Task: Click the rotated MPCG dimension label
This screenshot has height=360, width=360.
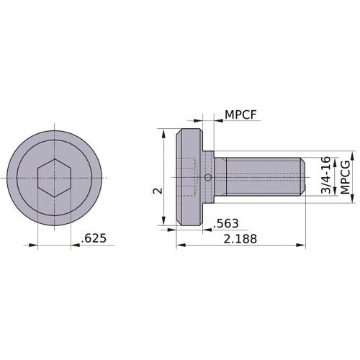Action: pos(346,177)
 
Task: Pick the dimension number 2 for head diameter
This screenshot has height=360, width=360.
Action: pos(156,190)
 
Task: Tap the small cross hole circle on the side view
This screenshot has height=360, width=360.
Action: pos(208,178)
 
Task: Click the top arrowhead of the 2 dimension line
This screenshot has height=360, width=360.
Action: pos(165,134)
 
